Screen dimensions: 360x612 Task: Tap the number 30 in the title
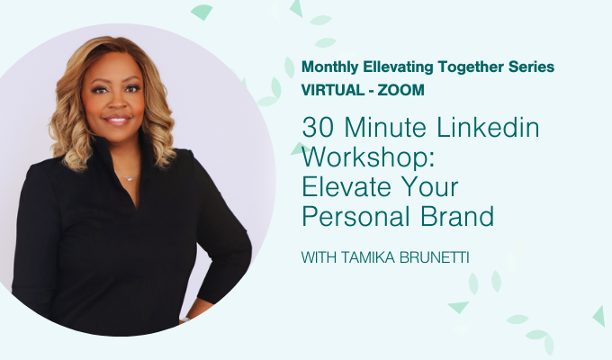click(x=315, y=128)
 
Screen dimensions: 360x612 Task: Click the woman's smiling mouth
click(x=117, y=120)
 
